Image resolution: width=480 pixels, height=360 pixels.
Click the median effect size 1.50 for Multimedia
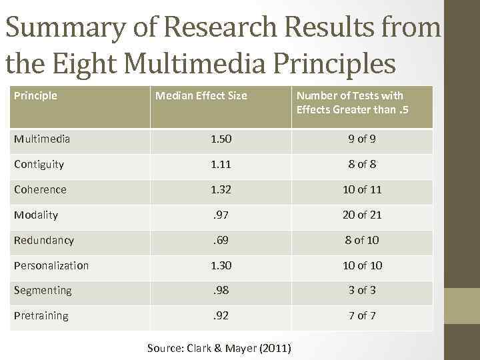[221, 139]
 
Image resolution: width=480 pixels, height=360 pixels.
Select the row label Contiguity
[39, 165]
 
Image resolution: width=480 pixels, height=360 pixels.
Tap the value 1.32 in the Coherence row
[221, 189]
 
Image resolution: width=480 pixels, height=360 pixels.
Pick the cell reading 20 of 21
[362, 215]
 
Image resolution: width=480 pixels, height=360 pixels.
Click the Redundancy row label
[43, 240]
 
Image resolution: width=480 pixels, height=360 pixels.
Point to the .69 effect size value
[221, 240]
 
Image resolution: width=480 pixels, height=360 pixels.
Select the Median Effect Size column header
[201, 96]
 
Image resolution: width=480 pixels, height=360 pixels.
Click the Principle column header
[35, 96]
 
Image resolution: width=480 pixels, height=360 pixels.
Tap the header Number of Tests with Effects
[350, 103]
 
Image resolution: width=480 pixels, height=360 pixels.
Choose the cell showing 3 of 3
[362, 290]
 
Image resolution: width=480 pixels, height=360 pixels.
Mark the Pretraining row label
[41, 315]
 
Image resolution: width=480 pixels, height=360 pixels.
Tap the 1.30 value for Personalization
[221, 265]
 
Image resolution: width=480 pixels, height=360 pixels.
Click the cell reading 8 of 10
[362, 240]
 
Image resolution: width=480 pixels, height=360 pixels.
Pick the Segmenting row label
[42, 290]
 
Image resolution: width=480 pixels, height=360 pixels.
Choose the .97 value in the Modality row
[221, 215]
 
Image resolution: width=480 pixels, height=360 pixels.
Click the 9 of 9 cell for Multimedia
[362, 139]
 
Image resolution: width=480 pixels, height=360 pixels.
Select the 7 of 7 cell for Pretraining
[362, 315]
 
